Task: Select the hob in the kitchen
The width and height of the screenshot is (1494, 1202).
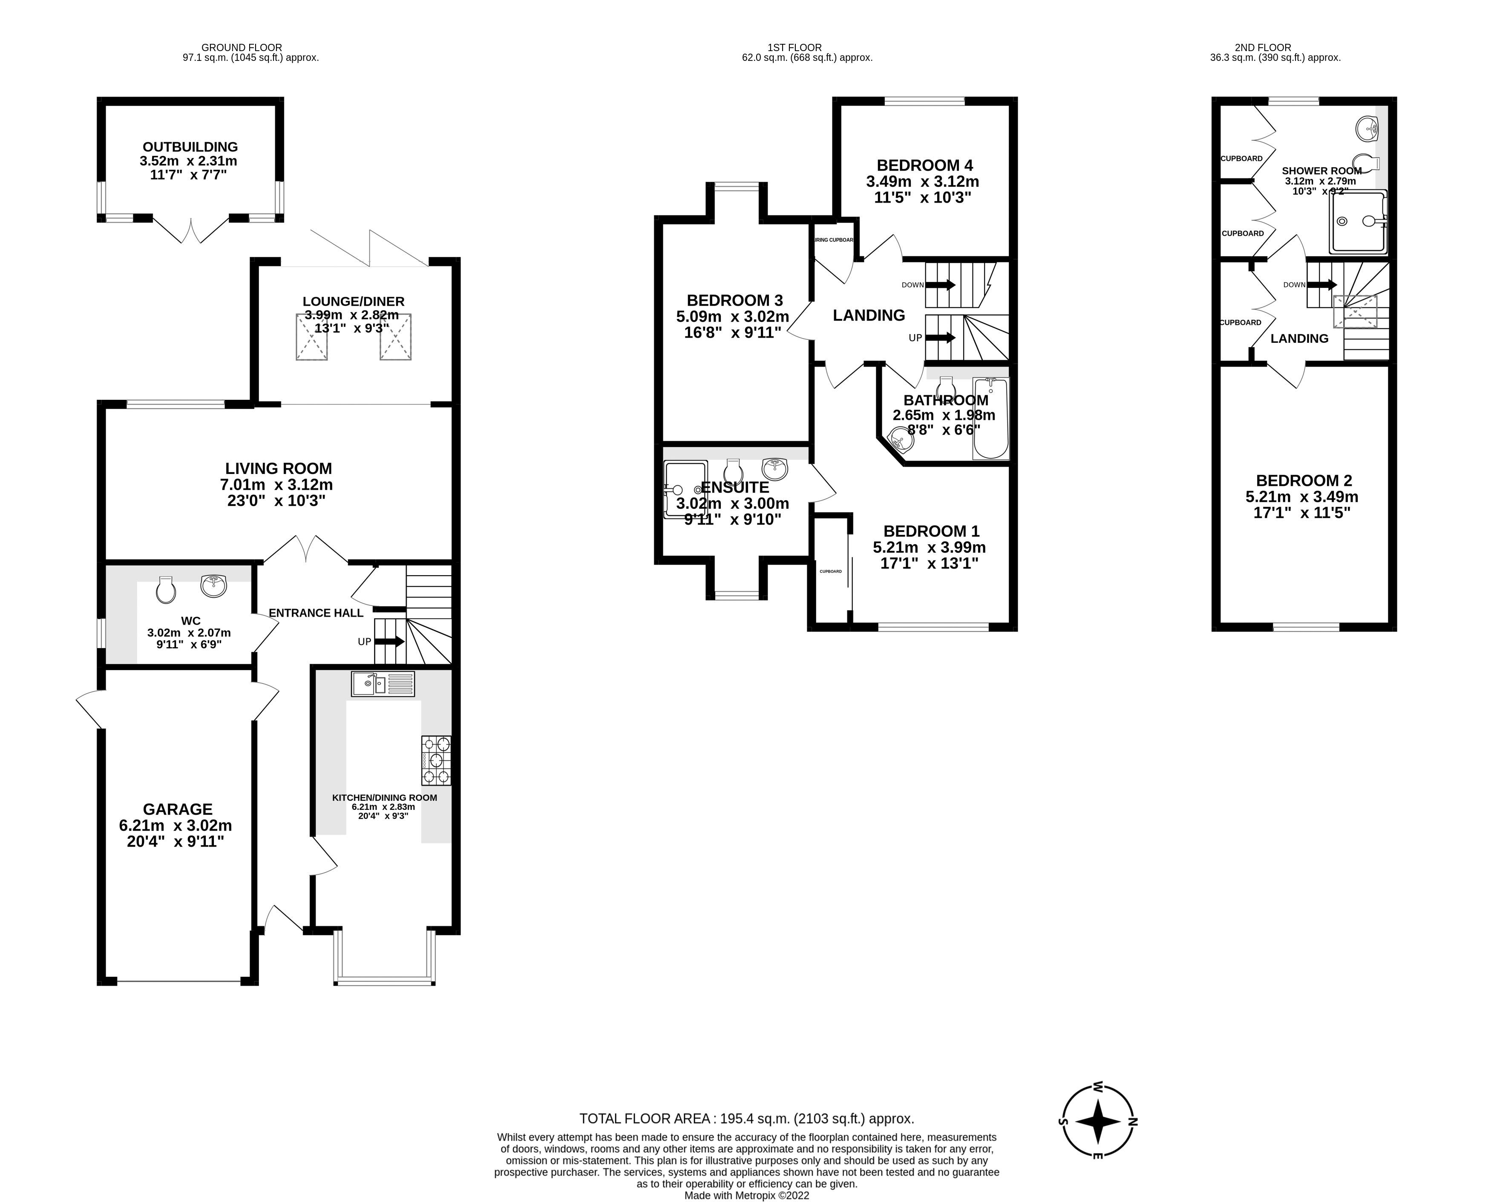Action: click(436, 760)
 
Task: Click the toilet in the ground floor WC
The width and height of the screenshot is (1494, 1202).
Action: click(166, 589)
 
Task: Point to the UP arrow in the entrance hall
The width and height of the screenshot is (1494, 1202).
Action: click(389, 642)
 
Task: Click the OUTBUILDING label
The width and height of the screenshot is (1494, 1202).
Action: click(190, 147)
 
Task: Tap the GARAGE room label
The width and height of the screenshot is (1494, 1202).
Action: click(177, 809)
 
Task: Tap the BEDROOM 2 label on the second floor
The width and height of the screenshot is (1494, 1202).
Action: click(1304, 480)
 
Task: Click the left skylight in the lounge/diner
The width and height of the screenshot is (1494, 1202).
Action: click(312, 337)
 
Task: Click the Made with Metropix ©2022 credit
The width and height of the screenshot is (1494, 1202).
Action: click(746, 1195)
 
